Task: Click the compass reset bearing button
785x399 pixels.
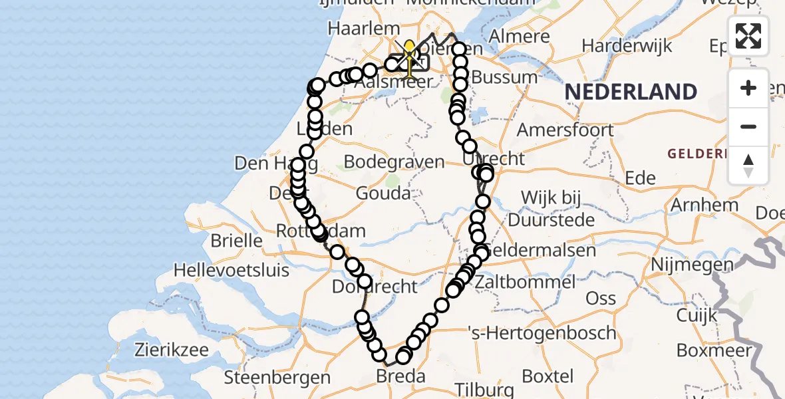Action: (x=748, y=165)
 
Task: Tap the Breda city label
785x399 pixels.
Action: (x=400, y=376)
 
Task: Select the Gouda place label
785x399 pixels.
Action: (x=383, y=194)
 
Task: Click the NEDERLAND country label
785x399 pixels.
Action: (x=631, y=92)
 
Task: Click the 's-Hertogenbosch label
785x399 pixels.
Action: (x=542, y=332)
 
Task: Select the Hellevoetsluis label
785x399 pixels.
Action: (x=232, y=270)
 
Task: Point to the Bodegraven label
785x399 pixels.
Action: (x=394, y=162)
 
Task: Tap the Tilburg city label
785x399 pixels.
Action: (x=485, y=389)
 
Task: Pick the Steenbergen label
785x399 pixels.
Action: (x=277, y=377)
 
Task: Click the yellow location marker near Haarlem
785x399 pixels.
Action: (x=409, y=48)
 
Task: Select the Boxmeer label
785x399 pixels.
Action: (x=713, y=349)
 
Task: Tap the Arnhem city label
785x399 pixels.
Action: (x=705, y=204)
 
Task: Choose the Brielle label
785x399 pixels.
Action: (x=236, y=239)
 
